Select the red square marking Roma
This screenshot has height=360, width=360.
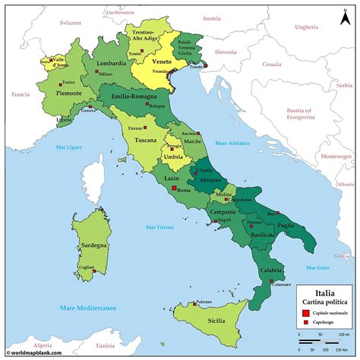174,188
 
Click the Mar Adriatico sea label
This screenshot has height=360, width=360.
232,142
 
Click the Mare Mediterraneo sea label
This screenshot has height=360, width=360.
67,309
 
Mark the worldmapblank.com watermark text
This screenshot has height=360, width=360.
39,353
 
